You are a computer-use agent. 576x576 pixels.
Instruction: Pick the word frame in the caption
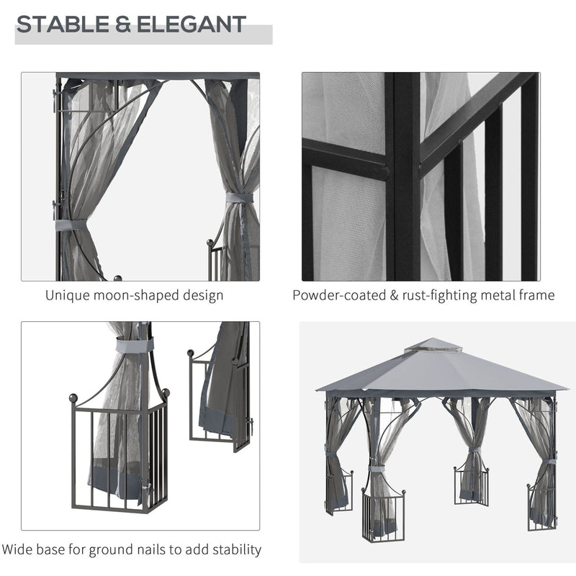536,295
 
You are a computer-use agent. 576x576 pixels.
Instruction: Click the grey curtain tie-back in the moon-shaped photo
239,198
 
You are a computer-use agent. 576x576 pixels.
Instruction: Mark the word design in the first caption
201,295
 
